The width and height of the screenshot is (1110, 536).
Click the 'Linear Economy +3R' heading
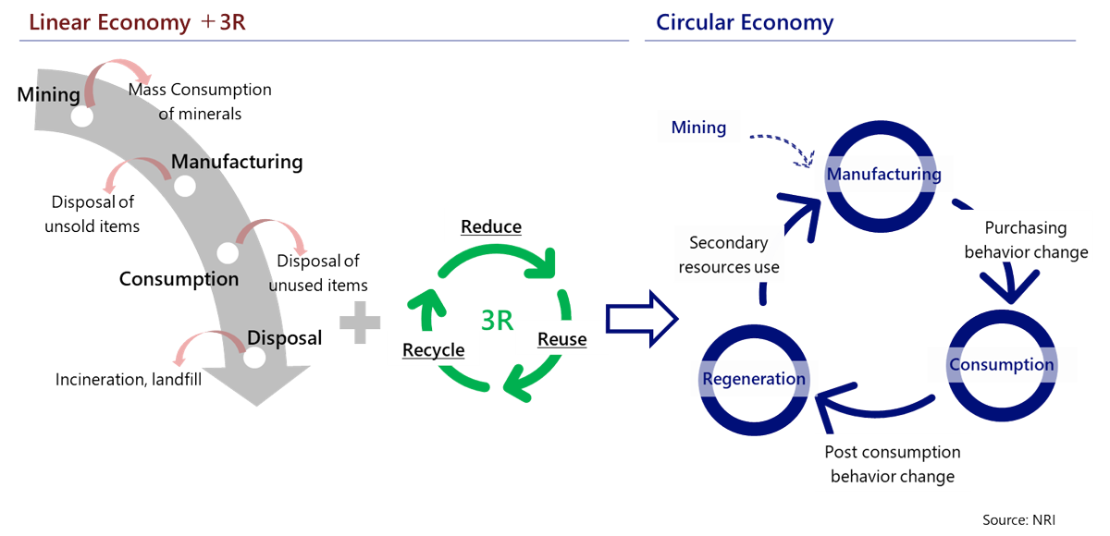point(137,22)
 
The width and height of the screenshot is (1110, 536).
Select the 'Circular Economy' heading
point(745,22)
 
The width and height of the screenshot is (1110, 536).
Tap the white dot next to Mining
point(82,117)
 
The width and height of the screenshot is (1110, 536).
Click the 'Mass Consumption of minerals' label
point(200,102)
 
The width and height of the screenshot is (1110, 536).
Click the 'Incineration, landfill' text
point(129,380)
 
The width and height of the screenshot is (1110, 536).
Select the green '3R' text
point(498,320)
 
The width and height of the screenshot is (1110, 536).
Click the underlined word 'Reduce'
point(491,226)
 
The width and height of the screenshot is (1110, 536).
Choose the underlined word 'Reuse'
point(561,339)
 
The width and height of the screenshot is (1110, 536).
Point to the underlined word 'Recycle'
point(433,350)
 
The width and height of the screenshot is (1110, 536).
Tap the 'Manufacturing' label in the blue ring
point(883,174)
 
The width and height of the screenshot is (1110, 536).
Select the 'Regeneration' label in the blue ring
point(754,379)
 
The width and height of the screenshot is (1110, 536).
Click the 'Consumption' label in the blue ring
point(1002,364)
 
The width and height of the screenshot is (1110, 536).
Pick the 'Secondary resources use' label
point(729,255)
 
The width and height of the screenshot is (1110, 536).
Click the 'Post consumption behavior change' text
point(892,464)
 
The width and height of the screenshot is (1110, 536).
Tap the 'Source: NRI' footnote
point(1018,520)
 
